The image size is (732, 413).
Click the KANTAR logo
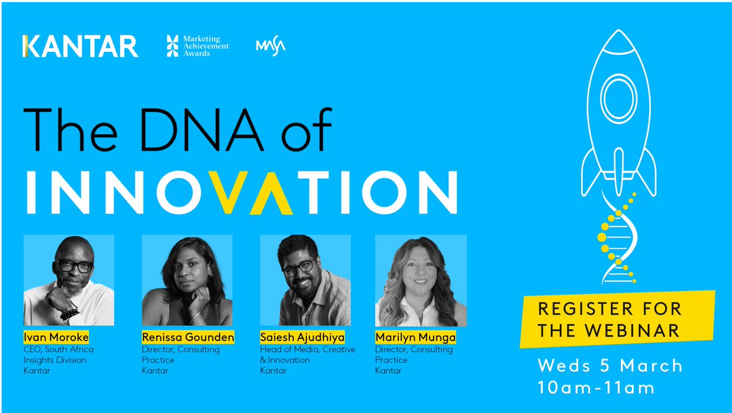[x=80, y=46]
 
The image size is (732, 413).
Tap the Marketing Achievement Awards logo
[x=197, y=46]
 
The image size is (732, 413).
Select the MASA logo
[x=271, y=46]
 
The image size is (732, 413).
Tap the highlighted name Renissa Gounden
[x=188, y=337]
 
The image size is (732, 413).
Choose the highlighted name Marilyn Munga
[x=415, y=337]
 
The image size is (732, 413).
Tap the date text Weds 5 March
[x=609, y=366]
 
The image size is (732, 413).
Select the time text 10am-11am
[x=596, y=387]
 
